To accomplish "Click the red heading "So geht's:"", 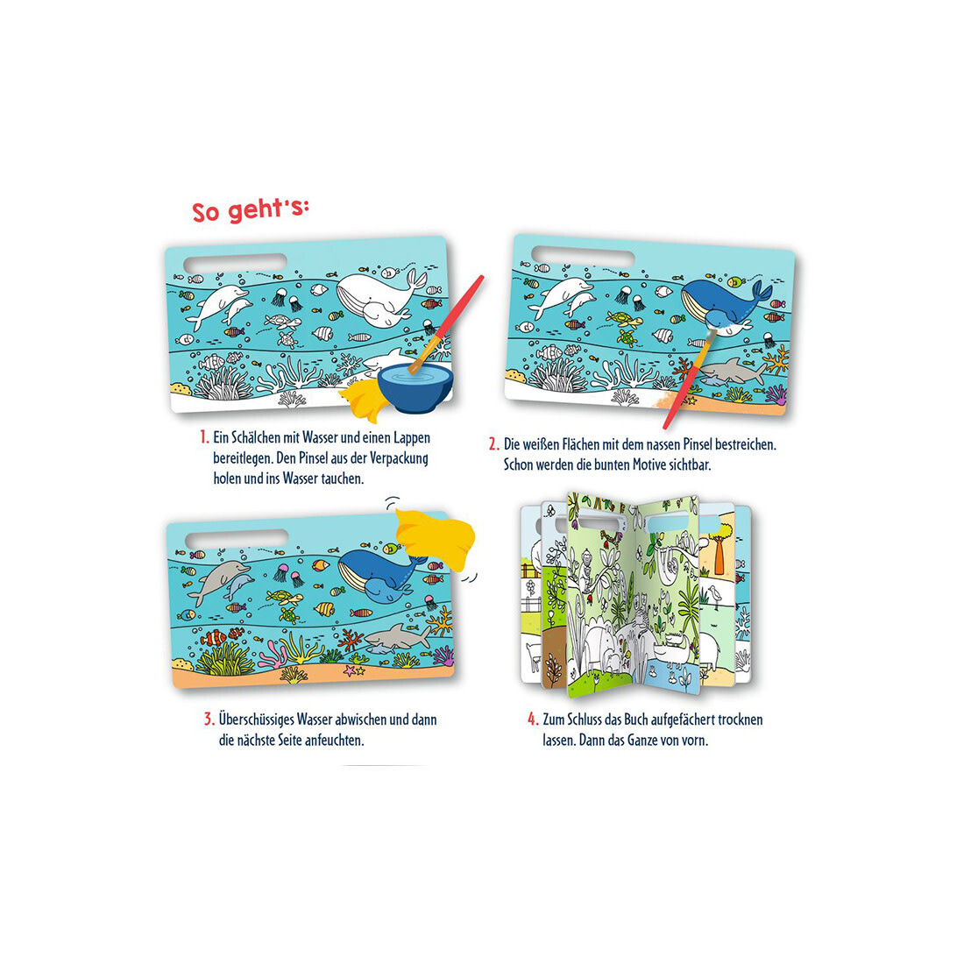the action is (251, 209).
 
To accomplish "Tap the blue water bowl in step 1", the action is (415, 386).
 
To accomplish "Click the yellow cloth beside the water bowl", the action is (360, 399).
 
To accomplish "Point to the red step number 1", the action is (204, 437).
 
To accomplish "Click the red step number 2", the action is (493, 444).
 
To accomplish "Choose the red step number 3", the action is (209, 719).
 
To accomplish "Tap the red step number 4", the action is (533, 719).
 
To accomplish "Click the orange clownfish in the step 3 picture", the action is (216, 637).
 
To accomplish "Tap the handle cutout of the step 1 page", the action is (235, 263).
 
